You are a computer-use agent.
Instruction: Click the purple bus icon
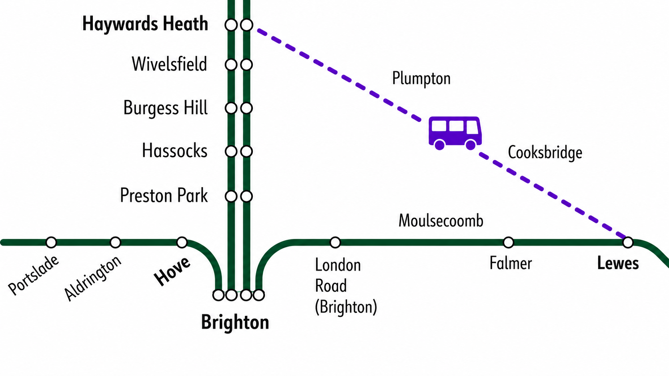tap(455, 133)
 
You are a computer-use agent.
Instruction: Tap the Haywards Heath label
tap(145, 24)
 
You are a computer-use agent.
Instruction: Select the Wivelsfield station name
tap(169, 64)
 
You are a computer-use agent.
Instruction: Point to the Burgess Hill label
tap(166, 108)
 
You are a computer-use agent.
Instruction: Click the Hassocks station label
tap(175, 150)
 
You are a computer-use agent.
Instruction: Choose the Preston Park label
tap(164, 195)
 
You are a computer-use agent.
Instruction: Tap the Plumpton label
tap(421, 78)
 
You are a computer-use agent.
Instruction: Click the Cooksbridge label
tap(545, 152)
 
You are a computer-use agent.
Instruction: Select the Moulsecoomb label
tap(441, 221)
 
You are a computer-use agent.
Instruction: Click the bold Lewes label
tap(618, 264)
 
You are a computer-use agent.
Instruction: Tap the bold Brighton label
tap(235, 322)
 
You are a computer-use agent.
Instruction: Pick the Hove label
tap(172, 271)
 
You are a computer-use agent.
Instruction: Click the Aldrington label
tap(93, 278)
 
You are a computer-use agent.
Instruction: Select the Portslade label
tap(33, 275)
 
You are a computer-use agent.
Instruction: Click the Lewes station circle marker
tap(628, 242)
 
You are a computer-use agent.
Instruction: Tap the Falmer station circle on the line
tap(508, 242)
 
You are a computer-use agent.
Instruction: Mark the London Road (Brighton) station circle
tap(335, 242)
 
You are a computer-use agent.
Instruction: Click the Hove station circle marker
tap(182, 242)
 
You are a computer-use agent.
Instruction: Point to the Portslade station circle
tap(51, 242)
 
